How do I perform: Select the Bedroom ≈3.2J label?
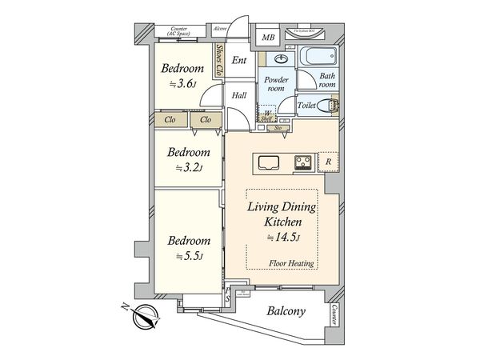tap(188, 160)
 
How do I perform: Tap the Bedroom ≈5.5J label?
tap(188, 248)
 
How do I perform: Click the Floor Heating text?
tap(291, 263)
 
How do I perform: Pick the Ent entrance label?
tap(238, 60)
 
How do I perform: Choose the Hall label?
tap(238, 95)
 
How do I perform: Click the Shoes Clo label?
tap(218, 60)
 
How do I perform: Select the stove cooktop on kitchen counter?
tap(303, 162)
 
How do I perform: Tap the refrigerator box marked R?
tap(330, 162)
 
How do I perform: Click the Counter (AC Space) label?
tap(179, 32)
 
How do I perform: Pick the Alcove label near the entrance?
tap(220, 30)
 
